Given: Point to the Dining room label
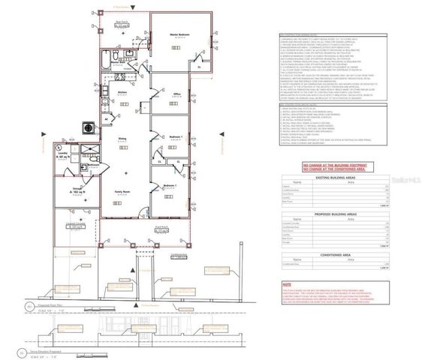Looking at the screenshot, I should point(121,137).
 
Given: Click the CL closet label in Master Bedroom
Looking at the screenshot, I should point(198,67).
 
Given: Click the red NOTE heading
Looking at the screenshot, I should point(287,285).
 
